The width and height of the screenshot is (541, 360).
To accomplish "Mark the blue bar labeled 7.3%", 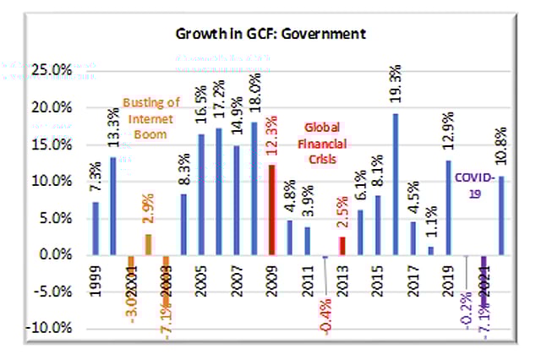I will point(96,227).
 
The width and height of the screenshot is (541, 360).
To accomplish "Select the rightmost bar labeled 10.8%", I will point(502,215).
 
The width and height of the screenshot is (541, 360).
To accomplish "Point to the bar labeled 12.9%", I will point(448,207).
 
